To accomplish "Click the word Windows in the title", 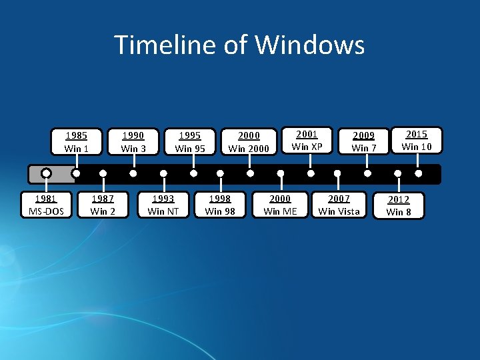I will point(310,45).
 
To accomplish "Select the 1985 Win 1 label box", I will point(77,141).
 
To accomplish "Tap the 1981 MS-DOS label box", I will point(45,205).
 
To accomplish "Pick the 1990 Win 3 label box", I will point(133,141).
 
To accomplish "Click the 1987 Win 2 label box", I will point(103,205).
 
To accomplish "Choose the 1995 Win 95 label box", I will point(190,141).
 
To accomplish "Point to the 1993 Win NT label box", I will point(163,205).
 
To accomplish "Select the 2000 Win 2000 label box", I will point(249,141).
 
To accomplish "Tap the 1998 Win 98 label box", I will point(220,205).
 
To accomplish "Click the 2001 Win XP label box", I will point(307,140).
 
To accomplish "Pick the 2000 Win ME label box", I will point(281,205).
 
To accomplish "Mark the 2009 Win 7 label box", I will point(364,141).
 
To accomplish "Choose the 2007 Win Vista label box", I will point(339,205).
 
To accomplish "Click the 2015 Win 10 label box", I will point(417,140).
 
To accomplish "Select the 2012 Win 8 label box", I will point(399,205).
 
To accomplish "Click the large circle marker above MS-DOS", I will point(46,173).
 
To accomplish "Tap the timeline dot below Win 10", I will point(418,173).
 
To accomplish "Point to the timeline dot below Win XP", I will point(311,173).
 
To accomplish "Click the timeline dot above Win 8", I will point(398,173).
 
